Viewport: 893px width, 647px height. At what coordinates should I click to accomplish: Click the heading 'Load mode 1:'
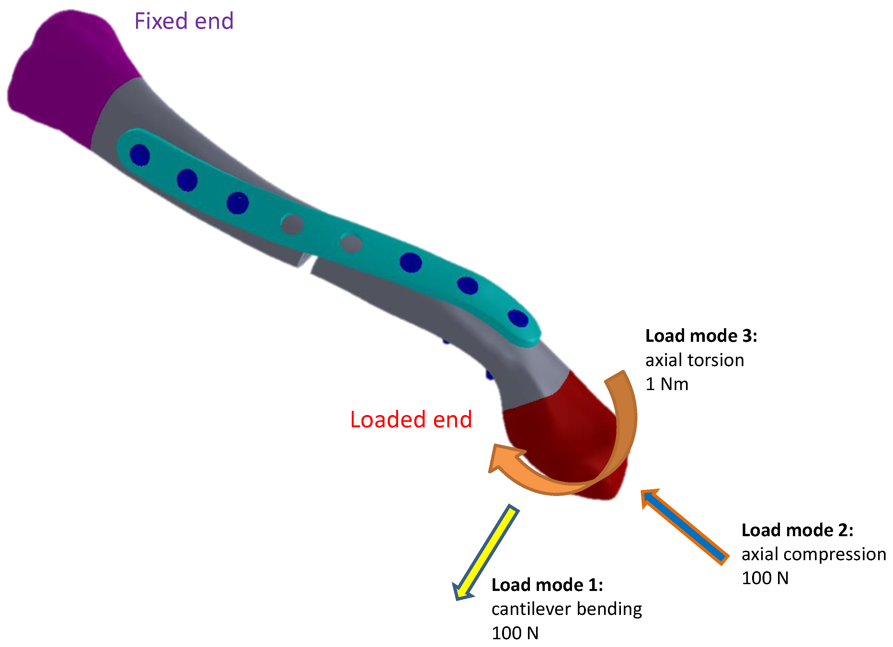pos(547,585)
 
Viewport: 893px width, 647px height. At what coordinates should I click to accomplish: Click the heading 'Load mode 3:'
pos(701,336)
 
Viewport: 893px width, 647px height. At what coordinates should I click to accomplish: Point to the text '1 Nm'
pos(667,384)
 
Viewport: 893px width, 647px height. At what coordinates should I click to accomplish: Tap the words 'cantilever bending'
pos(567,609)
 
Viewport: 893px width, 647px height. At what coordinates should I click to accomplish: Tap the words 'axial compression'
pos(813,554)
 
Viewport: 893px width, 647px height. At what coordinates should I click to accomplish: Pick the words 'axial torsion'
pos(694,360)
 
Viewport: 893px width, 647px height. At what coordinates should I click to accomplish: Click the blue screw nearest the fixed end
pos(140,155)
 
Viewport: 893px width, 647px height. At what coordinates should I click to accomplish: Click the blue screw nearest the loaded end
pos(518,318)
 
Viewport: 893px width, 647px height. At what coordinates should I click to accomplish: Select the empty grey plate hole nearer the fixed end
pos(292,225)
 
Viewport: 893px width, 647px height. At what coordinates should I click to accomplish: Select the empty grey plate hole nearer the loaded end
pos(351,243)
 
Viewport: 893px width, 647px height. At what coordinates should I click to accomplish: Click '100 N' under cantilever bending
pos(515,633)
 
